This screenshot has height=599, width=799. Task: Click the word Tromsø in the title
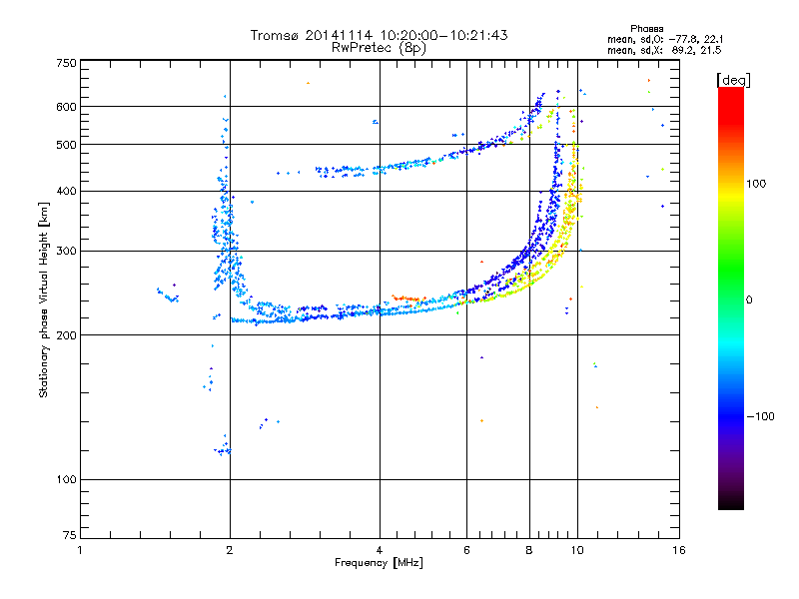tap(275, 35)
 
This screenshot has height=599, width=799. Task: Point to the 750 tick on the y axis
tap(65, 63)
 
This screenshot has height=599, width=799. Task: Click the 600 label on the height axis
tap(65, 107)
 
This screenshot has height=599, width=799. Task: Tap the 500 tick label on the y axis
tap(65, 145)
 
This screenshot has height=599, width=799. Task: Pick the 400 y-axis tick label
tap(65, 191)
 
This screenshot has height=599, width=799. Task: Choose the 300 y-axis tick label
tap(65, 251)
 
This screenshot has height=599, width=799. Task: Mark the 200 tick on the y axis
tap(65, 334)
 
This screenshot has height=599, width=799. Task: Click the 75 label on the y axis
tap(68, 537)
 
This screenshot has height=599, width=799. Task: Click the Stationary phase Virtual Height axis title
tap(44, 299)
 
